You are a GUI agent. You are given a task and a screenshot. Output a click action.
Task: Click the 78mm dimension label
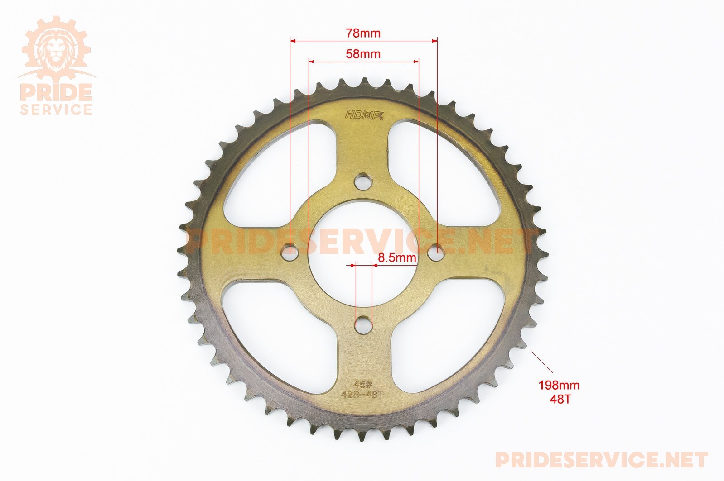363,33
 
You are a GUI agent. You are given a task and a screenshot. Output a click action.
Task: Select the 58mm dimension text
363,54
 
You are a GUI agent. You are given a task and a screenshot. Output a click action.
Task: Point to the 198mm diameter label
559,385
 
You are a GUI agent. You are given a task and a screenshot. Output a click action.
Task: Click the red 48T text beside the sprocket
559,400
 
